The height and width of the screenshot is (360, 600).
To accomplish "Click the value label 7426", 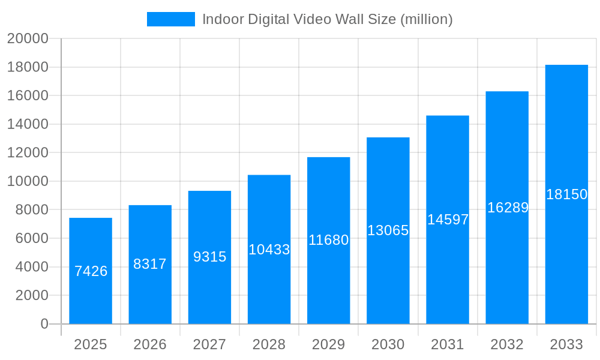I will [x=91, y=271].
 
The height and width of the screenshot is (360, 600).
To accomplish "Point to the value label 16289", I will [x=508, y=208].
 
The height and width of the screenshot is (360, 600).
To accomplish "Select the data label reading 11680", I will [x=328, y=240].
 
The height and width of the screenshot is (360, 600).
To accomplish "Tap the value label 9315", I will [x=209, y=257].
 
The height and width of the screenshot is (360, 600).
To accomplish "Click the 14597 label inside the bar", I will [x=448, y=220].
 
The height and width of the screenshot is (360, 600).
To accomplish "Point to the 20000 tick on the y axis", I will [x=28, y=38].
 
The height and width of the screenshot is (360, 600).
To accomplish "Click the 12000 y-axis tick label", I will [x=28, y=152].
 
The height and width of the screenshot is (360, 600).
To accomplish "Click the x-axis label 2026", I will [x=150, y=344].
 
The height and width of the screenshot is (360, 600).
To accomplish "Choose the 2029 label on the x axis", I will [x=328, y=344].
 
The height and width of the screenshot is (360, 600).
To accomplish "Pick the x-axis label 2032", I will [x=507, y=344].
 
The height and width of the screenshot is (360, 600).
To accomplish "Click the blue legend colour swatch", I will [x=171, y=19].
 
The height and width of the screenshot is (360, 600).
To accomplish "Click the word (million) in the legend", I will [x=427, y=19].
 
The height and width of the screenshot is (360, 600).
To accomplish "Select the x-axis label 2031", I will [x=448, y=344].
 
